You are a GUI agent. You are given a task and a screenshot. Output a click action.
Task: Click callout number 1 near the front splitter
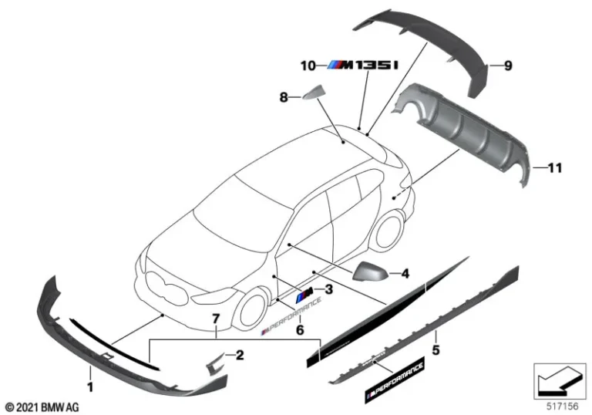pos(90,383)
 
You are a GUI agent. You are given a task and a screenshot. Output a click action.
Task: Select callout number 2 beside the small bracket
pos(240,355)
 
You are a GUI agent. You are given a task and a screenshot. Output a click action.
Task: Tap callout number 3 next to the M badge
pos(328,290)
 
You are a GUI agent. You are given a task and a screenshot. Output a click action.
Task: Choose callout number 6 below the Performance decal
pos(301,329)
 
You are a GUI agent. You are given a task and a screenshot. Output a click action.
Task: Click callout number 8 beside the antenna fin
pos(283,97)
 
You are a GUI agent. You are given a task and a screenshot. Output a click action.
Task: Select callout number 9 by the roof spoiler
pos(508,66)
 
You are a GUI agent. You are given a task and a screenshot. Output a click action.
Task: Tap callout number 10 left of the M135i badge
pos(308,66)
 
